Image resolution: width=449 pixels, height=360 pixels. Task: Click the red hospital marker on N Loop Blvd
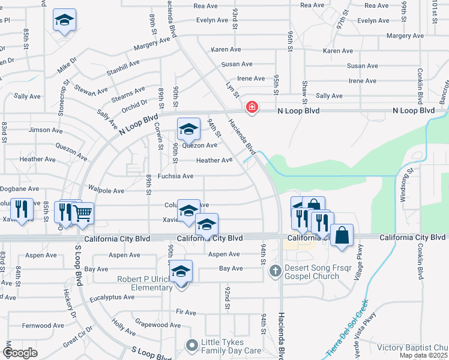click(x=252, y=107)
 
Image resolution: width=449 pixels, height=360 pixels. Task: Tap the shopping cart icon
click(x=83, y=212)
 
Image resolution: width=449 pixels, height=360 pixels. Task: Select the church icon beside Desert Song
click(x=275, y=271)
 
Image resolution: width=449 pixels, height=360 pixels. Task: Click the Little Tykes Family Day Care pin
click(x=192, y=345)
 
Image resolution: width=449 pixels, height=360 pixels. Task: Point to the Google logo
click(x=20, y=353)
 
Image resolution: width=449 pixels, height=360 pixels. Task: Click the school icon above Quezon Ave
click(x=188, y=128)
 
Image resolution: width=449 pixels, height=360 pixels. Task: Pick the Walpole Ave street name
click(x=106, y=191)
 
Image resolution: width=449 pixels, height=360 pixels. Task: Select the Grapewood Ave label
click(x=158, y=325)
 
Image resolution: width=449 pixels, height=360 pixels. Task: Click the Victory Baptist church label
click(x=412, y=347)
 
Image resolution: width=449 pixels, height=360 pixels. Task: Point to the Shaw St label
click(x=304, y=91)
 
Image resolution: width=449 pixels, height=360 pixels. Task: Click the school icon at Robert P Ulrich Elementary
click(x=181, y=271)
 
